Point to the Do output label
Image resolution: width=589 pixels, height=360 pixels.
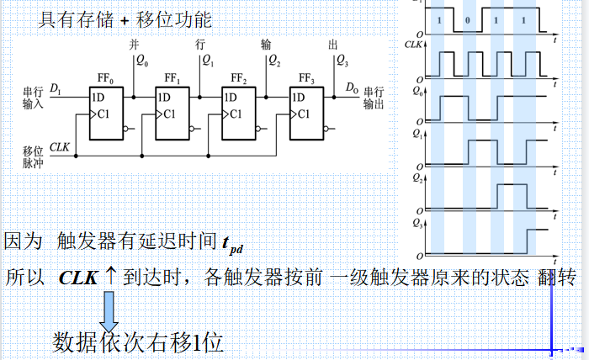[352, 87]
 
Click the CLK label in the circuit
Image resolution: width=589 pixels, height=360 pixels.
[59, 147]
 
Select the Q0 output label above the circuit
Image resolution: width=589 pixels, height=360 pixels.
[141, 60]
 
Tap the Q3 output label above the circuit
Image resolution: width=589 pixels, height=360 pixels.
[342, 60]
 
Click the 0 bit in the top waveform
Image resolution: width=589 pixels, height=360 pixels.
[467, 19]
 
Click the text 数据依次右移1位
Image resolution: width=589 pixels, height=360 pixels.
[138, 342]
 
